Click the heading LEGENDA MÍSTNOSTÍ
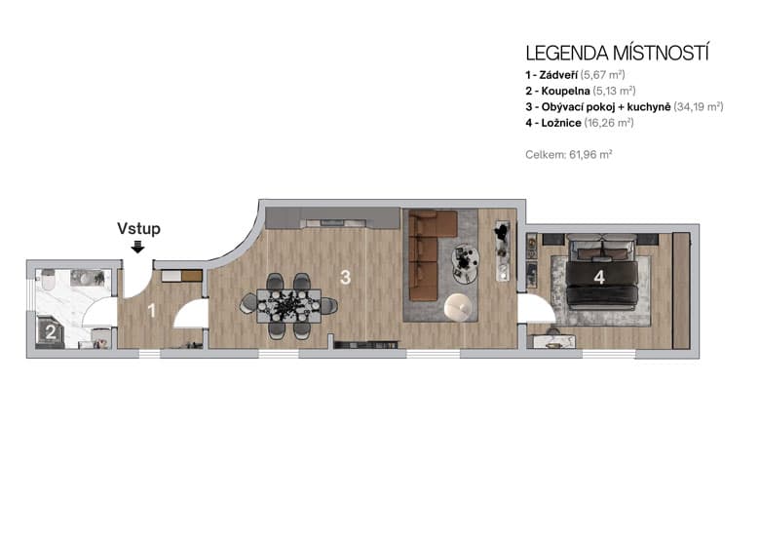(x=617, y=53)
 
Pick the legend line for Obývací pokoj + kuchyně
(x=624, y=106)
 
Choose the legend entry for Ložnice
(x=579, y=123)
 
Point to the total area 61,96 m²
(x=569, y=154)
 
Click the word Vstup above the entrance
(x=138, y=229)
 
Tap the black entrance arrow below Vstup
(x=138, y=247)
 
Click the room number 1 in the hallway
(x=151, y=312)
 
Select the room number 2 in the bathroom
(x=50, y=331)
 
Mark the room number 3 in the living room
(x=345, y=277)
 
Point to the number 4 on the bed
(x=599, y=278)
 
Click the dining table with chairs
(x=288, y=305)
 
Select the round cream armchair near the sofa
(x=457, y=307)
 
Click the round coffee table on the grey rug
(x=466, y=259)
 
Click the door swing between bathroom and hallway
(x=99, y=313)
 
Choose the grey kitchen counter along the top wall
(x=331, y=216)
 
